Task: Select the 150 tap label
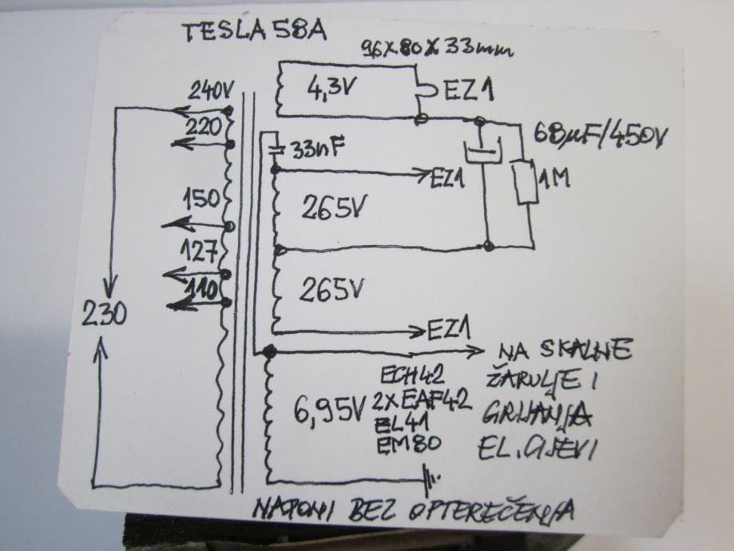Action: pos(200,200)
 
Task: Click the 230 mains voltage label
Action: pos(104,316)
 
